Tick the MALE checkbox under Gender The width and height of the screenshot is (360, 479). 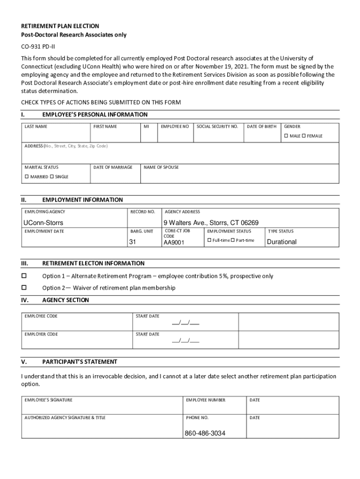(286, 136)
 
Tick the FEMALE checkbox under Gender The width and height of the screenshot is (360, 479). (303, 136)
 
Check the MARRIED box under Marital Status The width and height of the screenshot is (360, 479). (26, 177)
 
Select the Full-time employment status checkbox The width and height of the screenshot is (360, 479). (209, 240)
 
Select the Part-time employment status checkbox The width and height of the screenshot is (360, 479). (233, 240)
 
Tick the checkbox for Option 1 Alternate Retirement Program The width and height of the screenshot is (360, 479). (24, 276)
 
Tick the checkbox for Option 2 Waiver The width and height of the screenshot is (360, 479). (24, 288)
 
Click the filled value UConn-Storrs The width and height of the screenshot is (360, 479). (43, 223)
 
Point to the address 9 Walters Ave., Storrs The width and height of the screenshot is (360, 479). (210, 223)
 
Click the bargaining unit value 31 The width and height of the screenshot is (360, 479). (132, 242)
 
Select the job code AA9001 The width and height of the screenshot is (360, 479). (174, 243)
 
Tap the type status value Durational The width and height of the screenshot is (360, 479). (281, 242)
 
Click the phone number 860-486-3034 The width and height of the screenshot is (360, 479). (205, 434)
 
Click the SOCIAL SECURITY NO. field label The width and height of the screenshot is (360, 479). (217, 127)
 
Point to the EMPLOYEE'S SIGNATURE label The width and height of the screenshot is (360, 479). (49, 400)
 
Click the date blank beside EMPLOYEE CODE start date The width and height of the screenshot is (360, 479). (186, 323)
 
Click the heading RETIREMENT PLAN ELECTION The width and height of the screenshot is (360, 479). (60, 26)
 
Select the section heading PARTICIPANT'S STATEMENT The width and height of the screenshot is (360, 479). (79, 362)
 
